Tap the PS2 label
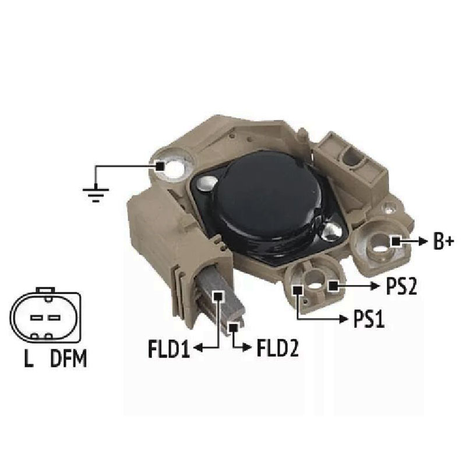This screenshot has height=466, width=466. tap(401, 286)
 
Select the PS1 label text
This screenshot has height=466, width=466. tap(369, 319)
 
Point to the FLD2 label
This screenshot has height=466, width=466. tap(277, 348)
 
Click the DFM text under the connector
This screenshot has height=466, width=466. tap(69, 358)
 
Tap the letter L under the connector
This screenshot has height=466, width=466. tap(29, 358)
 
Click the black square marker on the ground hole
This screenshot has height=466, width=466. tap(160, 166)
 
